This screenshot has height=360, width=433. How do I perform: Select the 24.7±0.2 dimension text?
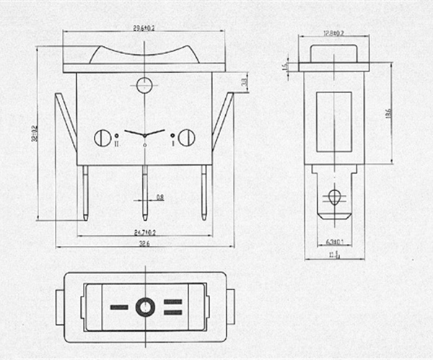pyautogui.click(x=146, y=232)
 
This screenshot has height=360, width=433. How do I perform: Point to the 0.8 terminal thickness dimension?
pyautogui.click(x=160, y=196)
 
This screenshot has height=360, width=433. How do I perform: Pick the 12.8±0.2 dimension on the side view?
pyautogui.click(x=333, y=32)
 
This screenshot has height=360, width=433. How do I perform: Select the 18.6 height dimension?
pyautogui.click(x=388, y=114)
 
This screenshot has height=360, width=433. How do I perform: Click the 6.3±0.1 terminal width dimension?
pyautogui.click(x=333, y=242)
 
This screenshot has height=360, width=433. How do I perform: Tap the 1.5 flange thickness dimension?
pyautogui.click(x=286, y=66)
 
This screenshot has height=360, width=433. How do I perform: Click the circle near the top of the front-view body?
pyautogui.click(x=144, y=84)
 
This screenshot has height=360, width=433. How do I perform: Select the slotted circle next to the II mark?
pyautogui.click(x=103, y=137)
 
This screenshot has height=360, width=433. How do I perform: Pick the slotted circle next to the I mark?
pyautogui.click(x=186, y=137)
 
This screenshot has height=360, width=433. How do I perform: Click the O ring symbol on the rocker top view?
pyautogui.click(x=145, y=308)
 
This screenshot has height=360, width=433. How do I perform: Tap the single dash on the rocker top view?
pyautogui.click(x=119, y=308)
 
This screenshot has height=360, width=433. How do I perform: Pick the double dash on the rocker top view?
pyautogui.click(x=172, y=308)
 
